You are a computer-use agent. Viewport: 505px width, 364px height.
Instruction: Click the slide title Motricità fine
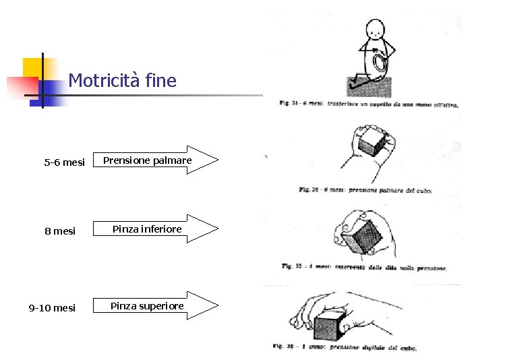point(122,82)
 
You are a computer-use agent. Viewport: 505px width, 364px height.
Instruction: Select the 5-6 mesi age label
point(64,162)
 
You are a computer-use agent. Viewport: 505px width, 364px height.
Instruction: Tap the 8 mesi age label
point(60,231)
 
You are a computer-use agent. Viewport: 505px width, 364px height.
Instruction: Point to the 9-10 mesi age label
point(52,308)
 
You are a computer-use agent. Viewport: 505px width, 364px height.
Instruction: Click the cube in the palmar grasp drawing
point(372,143)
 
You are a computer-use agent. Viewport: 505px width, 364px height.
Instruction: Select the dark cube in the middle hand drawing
point(364,236)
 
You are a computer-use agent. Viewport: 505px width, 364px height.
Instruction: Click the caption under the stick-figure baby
point(369,104)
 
